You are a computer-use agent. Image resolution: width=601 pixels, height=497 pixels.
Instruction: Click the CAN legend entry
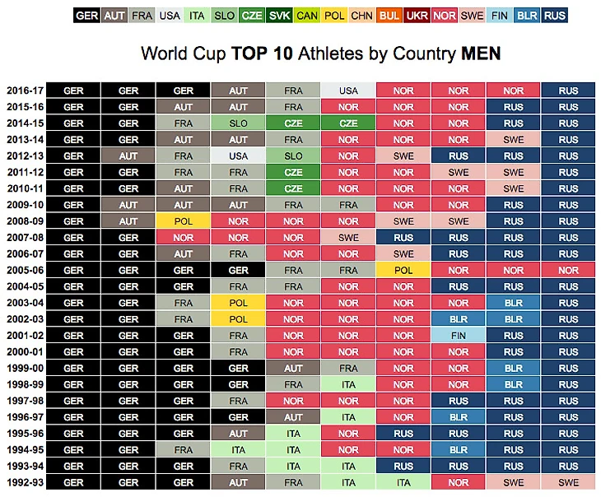pyautogui.click(x=307, y=15)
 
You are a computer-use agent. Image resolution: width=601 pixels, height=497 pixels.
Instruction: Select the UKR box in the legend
pyautogui.click(x=417, y=15)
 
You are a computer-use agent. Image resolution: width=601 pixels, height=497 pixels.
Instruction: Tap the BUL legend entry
pyautogui.click(x=390, y=15)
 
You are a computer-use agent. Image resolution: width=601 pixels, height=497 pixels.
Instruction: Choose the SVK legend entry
pyautogui.click(x=279, y=15)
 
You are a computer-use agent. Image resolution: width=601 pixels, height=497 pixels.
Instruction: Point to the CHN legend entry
pyautogui.click(x=362, y=15)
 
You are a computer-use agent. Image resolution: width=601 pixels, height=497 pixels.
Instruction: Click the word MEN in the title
pyautogui.click(x=481, y=54)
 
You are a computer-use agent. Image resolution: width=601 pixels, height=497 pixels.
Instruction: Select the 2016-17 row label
pyautogui.click(x=25, y=91)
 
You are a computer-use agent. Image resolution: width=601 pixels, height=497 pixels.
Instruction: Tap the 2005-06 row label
pyautogui.click(x=25, y=270)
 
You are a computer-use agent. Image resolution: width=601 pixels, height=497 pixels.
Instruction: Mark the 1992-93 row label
pyautogui.click(x=25, y=483)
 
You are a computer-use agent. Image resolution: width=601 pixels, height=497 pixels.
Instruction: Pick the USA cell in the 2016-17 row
pyautogui.click(x=348, y=91)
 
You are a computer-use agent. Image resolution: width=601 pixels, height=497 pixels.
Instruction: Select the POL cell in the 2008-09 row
pyautogui.click(x=184, y=221)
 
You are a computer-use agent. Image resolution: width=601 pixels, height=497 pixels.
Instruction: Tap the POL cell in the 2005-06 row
pyautogui.click(x=403, y=270)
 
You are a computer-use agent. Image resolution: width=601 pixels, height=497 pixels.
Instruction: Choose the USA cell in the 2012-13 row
pyautogui.click(x=238, y=156)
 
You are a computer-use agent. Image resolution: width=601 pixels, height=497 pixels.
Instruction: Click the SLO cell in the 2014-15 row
pyautogui.click(x=238, y=123)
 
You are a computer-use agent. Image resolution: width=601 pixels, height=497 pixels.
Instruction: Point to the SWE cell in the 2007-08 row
pyautogui.click(x=348, y=238)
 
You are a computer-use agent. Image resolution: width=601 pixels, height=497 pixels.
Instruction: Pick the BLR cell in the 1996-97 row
pyautogui.click(x=459, y=417)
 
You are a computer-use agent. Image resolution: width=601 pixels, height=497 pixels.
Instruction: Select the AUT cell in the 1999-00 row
pyautogui.click(x=293, y=369)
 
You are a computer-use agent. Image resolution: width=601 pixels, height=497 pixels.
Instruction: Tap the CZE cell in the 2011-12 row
pyautogui.click(x=293, y=173)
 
